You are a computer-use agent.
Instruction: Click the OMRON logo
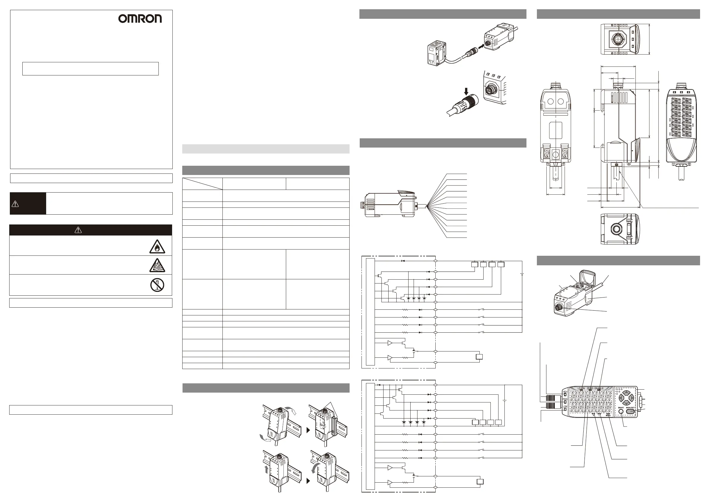point(140,19)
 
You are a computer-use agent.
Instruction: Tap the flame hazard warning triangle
point(157,247)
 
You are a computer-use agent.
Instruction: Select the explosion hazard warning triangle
point(157,266)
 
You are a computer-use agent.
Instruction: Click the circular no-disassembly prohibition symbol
point(157,285)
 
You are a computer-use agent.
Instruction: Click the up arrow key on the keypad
point(625,393)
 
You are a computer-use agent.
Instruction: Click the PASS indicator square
point(565,402)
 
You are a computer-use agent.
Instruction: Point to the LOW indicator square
point(565,410)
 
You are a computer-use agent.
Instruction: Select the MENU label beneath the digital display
point(608,416)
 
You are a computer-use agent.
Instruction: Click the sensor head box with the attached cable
point(436,53)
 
